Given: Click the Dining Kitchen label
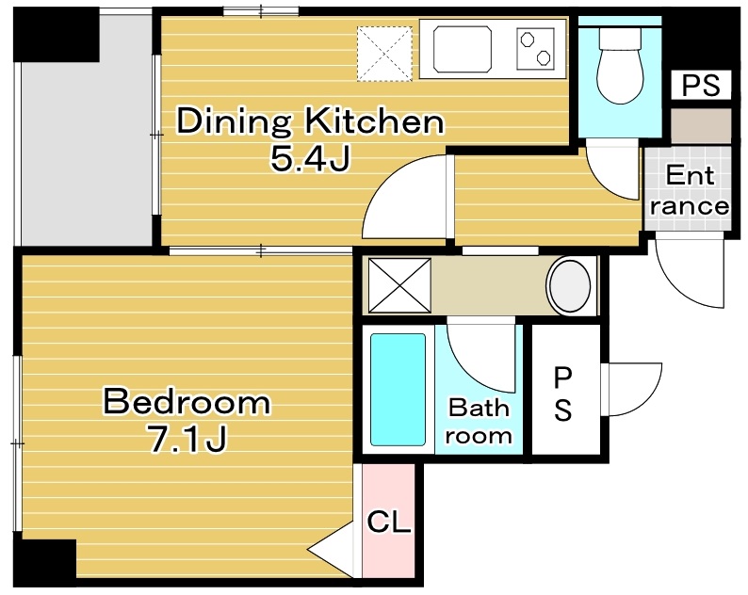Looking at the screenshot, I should coord(310,121).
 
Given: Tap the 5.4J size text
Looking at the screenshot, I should coord(310,158).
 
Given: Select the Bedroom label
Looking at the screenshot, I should coord(187,403).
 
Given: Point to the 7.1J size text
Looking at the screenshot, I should coord(187,439).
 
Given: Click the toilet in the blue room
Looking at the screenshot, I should coord(620,66).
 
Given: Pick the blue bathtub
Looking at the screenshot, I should coord(398,389).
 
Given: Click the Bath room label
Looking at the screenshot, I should coord(479,421).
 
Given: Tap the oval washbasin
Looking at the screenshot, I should coord(570,286).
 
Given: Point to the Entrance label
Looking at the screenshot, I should coord(690,190).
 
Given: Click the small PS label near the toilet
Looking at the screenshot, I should coord(701,85).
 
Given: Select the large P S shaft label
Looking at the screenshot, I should coord(562,395).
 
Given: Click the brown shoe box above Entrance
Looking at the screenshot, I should coord(700,125).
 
